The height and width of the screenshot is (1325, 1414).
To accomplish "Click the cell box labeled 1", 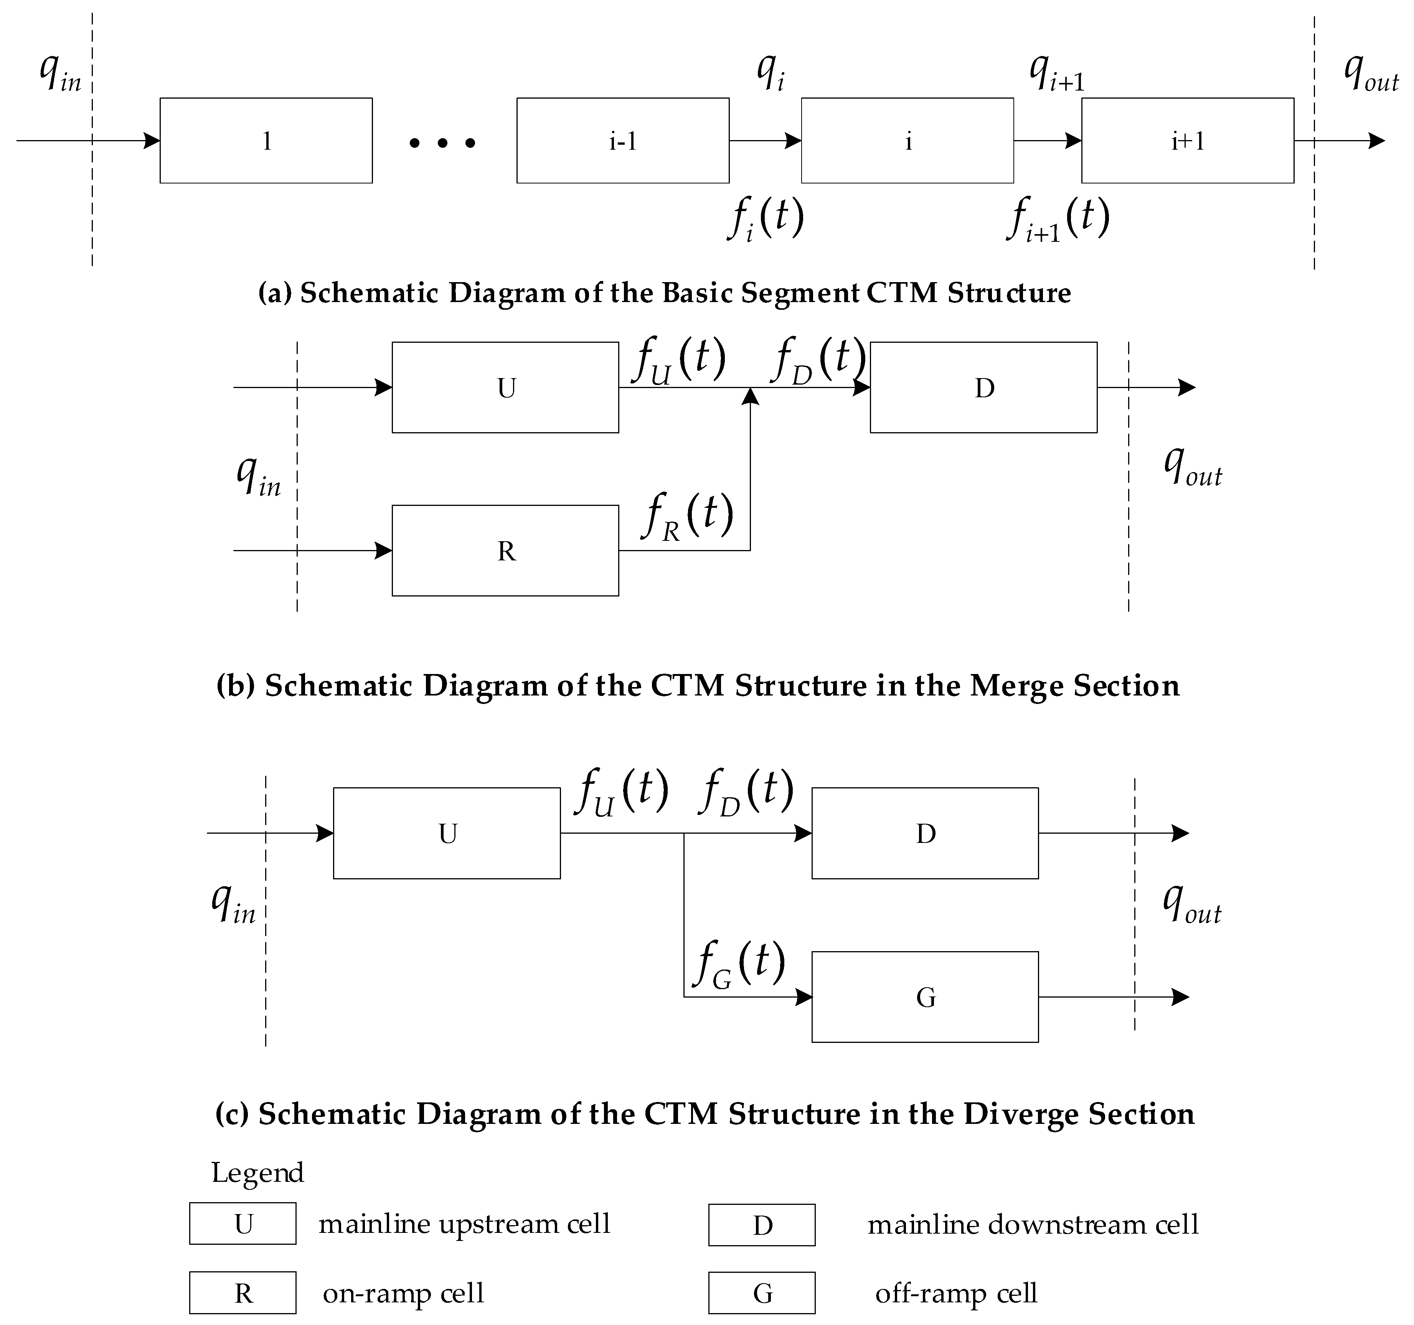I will pos(266,141).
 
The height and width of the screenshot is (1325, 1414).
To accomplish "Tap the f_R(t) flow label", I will pos(687,516).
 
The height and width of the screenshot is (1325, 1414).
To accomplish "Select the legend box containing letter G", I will pos(762,1293).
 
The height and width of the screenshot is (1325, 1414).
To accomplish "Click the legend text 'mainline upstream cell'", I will pos(464,1224).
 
